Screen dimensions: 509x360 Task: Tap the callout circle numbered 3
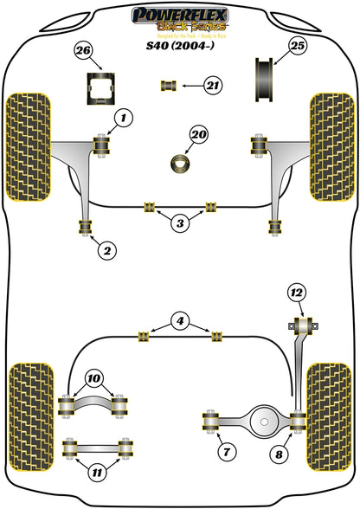(x=179, y=224)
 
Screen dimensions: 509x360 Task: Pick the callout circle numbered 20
(x=199, y=134)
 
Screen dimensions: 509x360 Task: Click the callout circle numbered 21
(x=212, y=84)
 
